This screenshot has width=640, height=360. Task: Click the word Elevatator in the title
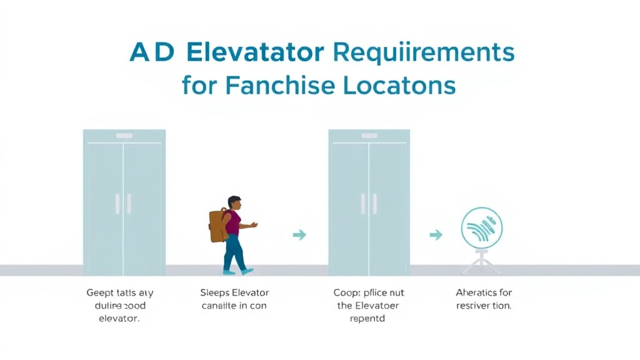click(x=255, y=52)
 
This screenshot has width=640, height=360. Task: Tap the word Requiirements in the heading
click(x=424, y=52)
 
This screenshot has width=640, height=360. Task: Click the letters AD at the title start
click(x=152, y=52)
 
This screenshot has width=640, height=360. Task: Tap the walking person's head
click(x=234, y=203)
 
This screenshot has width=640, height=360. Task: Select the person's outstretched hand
click(x=253, y=225)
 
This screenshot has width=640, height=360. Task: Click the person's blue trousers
click(x=234, y=253)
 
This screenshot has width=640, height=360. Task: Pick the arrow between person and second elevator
click(x=299, y=235)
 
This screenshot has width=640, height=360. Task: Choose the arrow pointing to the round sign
click(x=436, y=235)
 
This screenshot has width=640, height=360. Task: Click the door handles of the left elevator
click(x=123, y=204)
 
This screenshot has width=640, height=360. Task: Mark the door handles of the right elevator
click(x=369, y=204)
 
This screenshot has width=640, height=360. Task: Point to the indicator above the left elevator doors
click(x=124, y=136)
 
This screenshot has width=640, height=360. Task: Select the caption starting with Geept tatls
click(x=119, y=304)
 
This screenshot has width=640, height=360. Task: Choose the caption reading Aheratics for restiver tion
click(x=484, y=299)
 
